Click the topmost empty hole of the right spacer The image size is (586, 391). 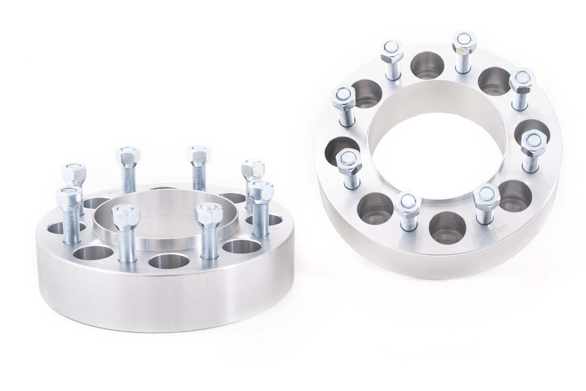coord(425,63)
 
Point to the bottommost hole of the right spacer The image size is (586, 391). coord(442,226)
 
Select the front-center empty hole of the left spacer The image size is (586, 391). coord(164,261)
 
